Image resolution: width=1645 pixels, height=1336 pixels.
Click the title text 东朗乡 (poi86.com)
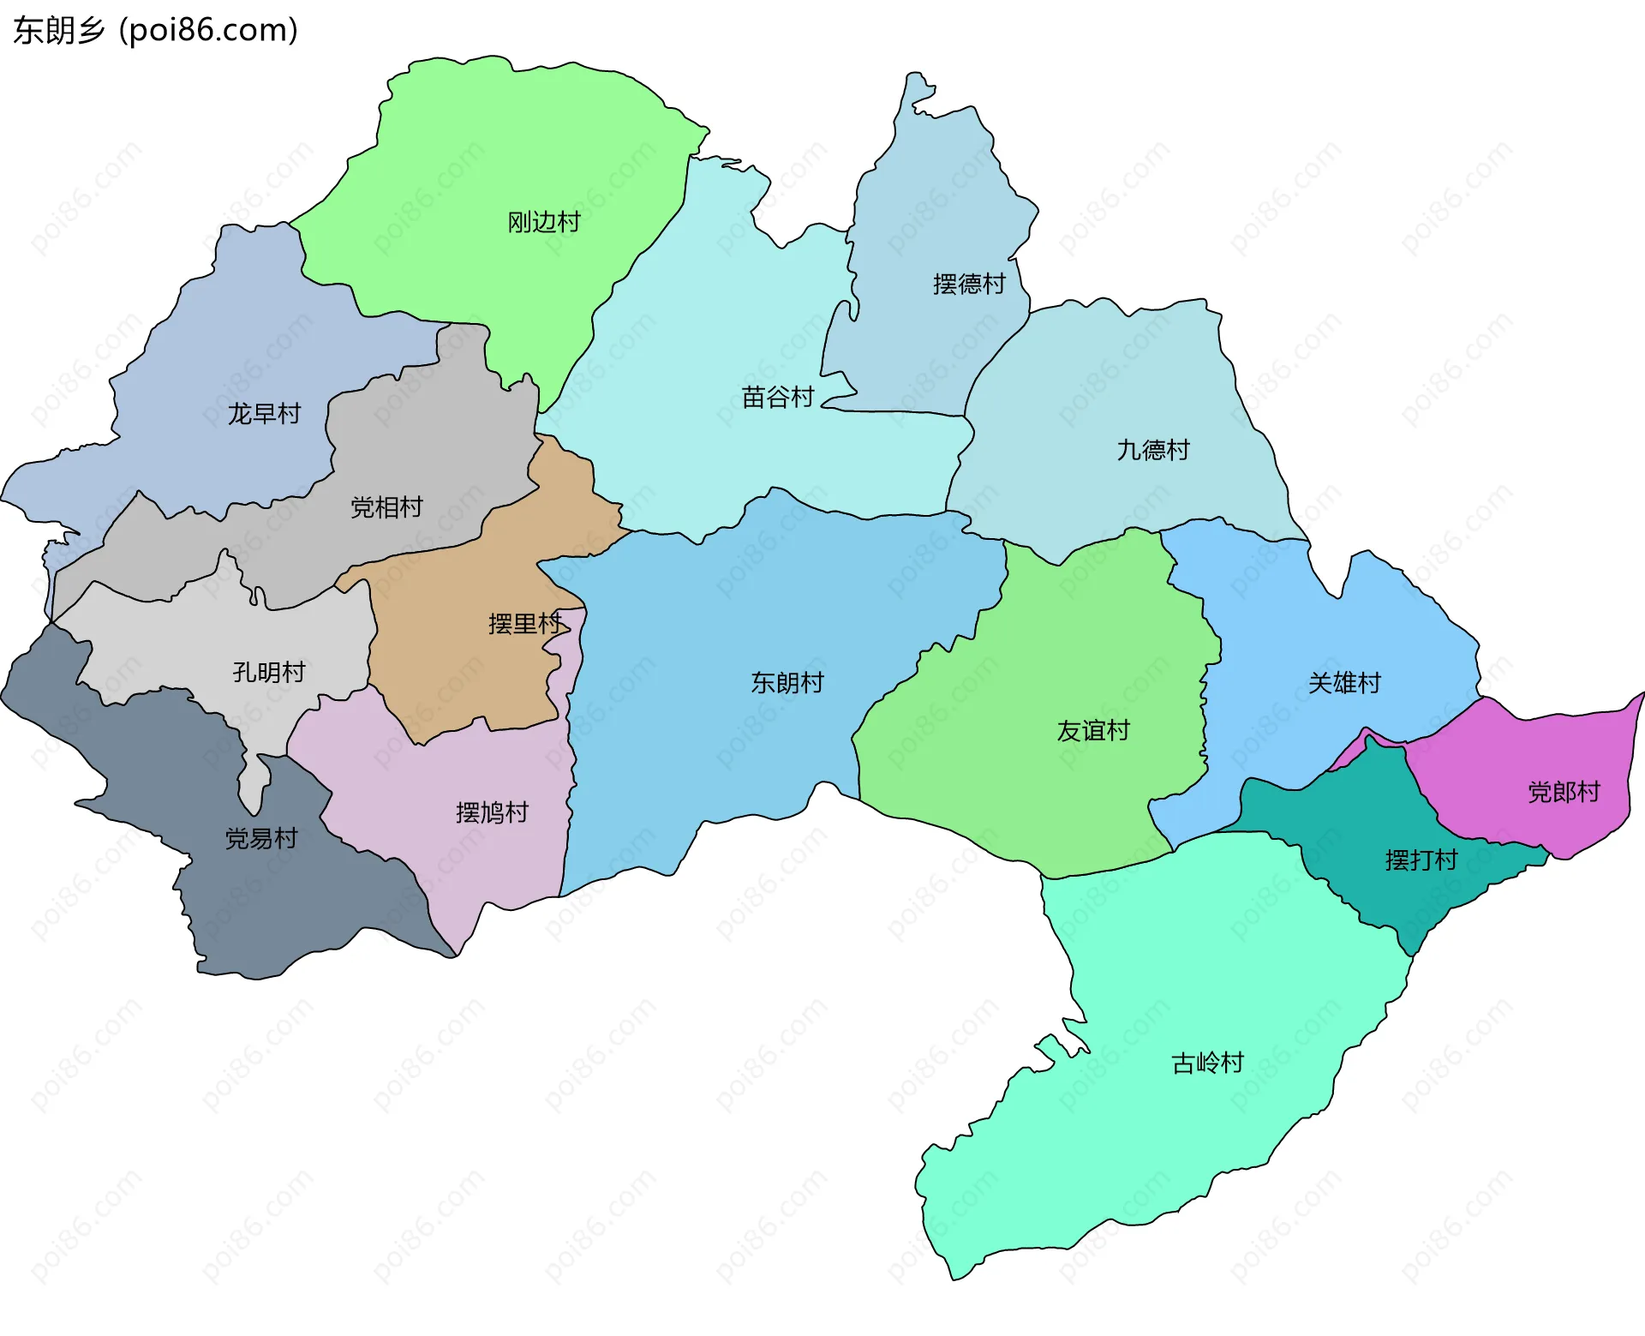point(156,31)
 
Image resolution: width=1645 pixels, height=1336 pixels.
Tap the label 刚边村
point(544,223)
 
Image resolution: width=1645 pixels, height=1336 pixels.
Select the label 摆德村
point(969,285)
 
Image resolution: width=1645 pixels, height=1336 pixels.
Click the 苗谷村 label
point(778,398)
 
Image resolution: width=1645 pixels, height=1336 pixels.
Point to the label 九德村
point(1153,451)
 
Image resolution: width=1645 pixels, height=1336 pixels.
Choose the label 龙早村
point(265,415)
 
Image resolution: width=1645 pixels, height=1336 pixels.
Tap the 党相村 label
point(386,508)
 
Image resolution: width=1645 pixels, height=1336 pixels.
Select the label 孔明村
point(269,673)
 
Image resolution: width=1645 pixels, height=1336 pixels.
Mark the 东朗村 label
point(787,683)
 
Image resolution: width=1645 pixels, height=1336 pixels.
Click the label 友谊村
point(1093,731)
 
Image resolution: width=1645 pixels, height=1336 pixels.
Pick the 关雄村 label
point(1344,684)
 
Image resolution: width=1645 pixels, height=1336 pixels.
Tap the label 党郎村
point(1564,793)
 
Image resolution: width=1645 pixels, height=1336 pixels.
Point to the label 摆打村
point(1421,860)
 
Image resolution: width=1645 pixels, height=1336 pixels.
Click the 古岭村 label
point(1207,1063)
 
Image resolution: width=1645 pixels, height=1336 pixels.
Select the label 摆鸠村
point(492,813)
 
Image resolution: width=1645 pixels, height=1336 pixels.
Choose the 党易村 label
point(261,839)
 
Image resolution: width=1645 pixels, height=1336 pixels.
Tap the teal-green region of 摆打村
point(1362,814)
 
